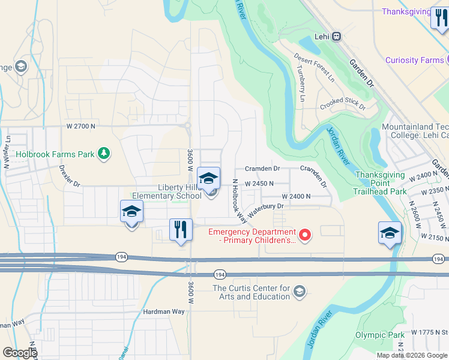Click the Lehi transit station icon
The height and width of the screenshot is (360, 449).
pyautogui.click(x=337, y=36)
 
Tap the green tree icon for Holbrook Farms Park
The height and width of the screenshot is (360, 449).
pyautogui.click(x=104, y=154)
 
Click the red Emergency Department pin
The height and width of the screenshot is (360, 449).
pyautogui.click(x=306, y=235)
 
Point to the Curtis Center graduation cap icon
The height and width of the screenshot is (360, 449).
pyautogui.click(x=299, y=292)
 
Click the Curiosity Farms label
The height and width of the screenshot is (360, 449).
pyautogui.click(x=414, y=60)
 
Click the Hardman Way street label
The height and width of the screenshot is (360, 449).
pyautogui.click(x=164, y=312)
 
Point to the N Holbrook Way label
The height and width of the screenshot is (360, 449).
pyautogui.click(x=239, y=197)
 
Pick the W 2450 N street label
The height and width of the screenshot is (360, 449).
pyautogui.click(x=259, y=183)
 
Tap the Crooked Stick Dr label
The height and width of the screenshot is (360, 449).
pyautogui.click(x=343, y=104)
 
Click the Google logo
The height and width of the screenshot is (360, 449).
pyautogui.click(x=20, y=353)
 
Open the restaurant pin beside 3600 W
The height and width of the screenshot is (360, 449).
pyautogui.click(x=181, y=230)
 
